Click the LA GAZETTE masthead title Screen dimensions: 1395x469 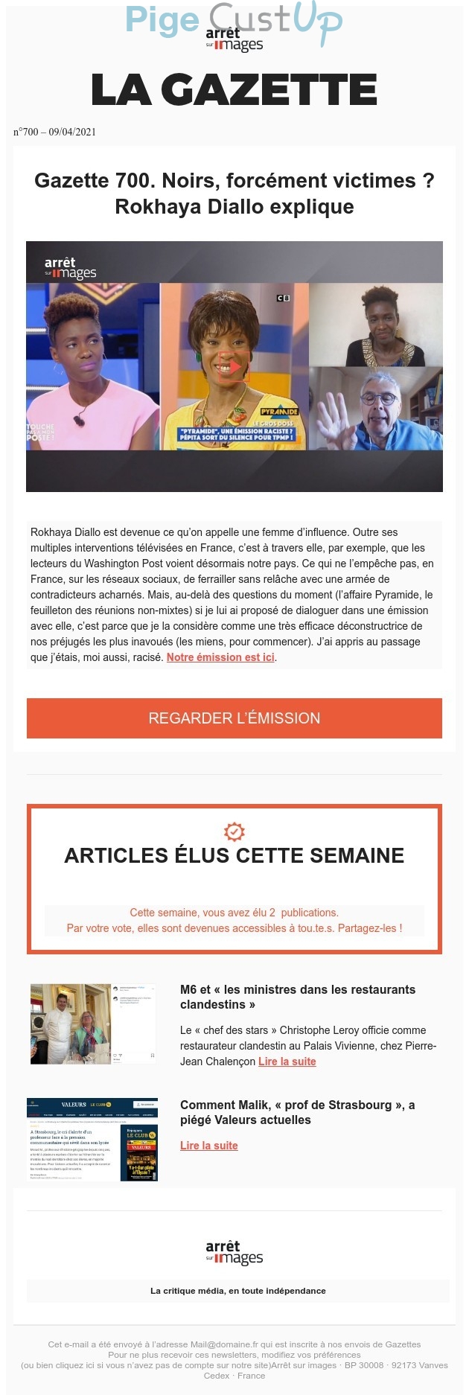click(234, 90)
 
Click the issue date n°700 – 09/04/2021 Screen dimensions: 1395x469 click(54, 132)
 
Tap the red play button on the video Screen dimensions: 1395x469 click(234, 366)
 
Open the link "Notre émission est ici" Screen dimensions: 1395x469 click(220, 657)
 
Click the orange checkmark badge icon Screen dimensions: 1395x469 click(234, 831)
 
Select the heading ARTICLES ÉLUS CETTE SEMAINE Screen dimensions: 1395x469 click(234, 855)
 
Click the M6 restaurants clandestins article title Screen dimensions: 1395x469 click(297, 997)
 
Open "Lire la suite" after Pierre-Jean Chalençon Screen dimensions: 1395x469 click(287, 1062)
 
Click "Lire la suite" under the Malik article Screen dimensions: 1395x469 click(209, 1146)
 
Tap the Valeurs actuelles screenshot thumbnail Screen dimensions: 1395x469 click(92, 1139)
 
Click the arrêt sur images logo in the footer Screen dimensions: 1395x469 click(234, 1252)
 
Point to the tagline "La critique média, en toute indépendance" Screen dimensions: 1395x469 click(237, 1290)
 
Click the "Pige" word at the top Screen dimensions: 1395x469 click(162, 20)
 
